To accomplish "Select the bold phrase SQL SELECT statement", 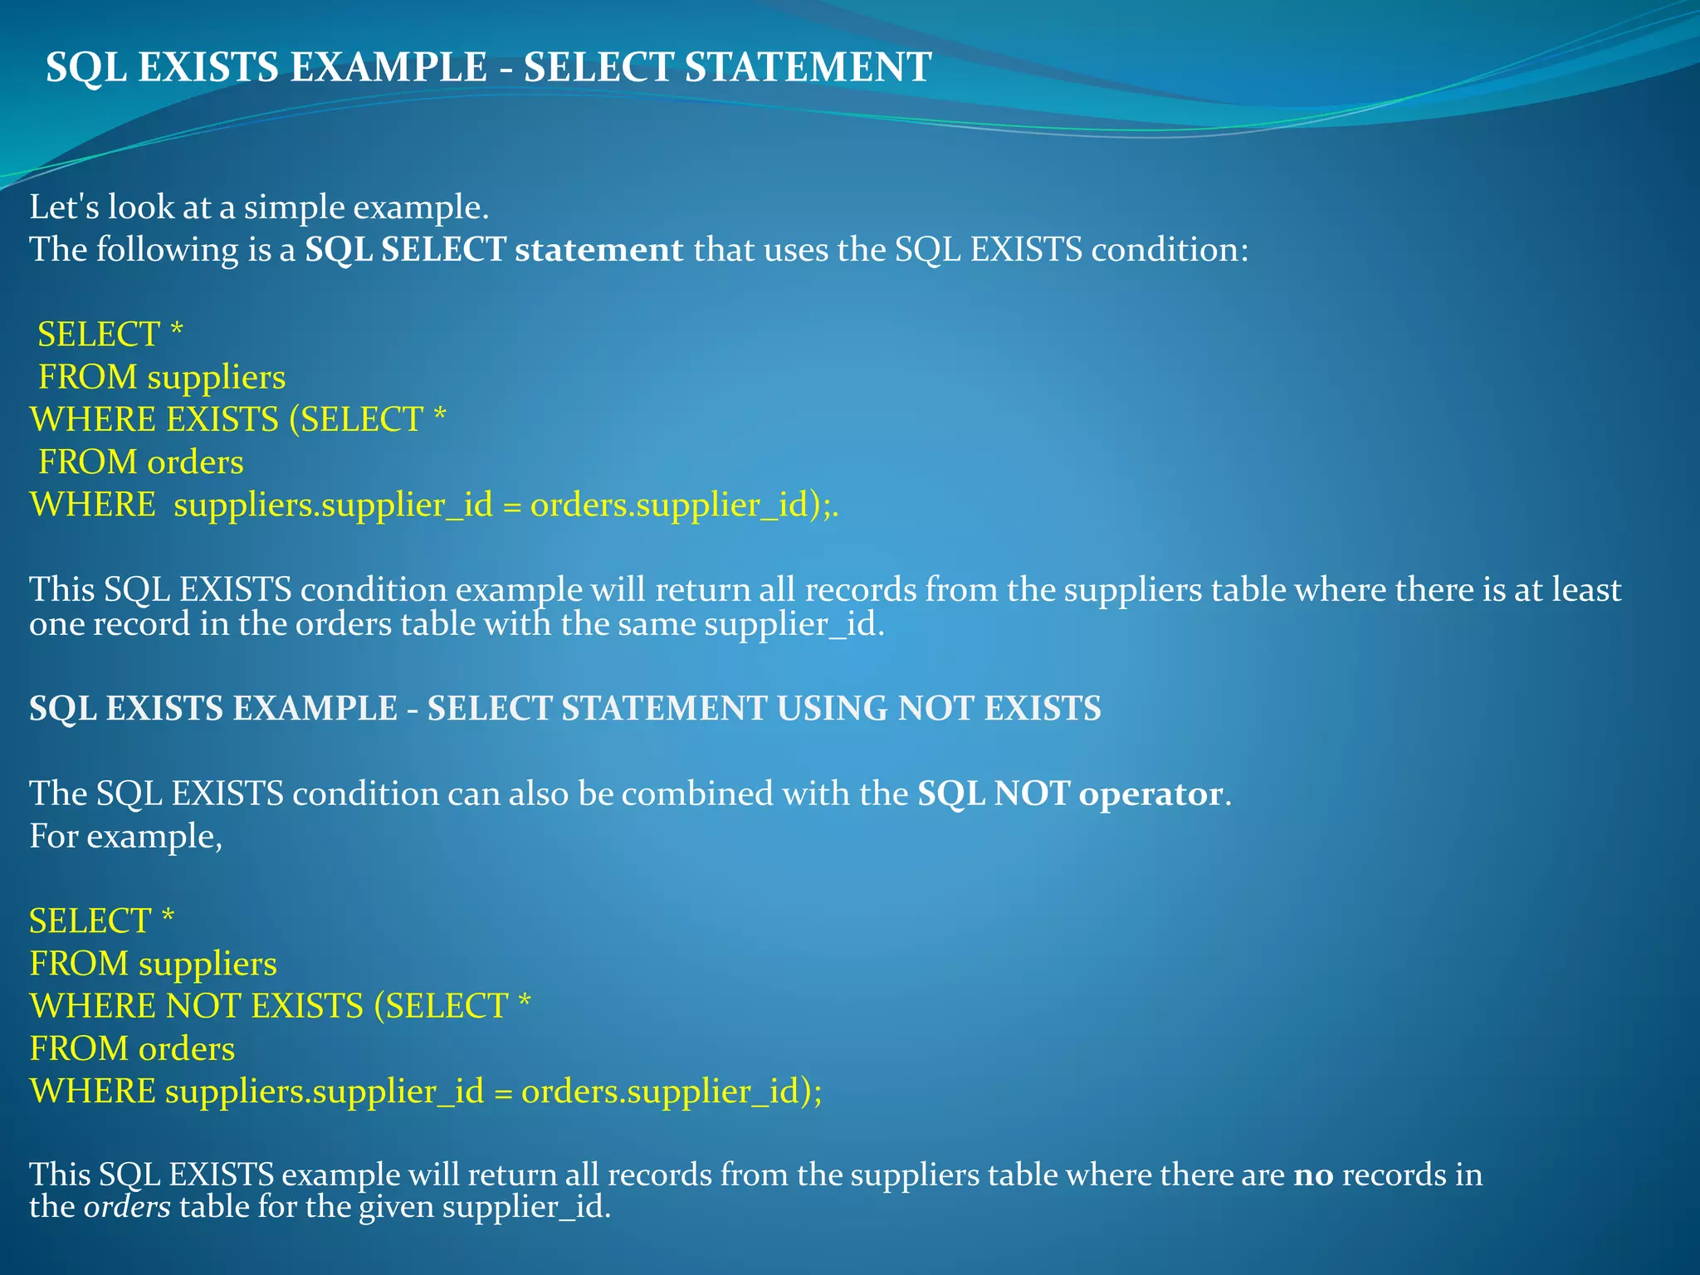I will (x=494, y=250).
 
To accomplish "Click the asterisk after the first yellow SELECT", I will (x=176, y=332).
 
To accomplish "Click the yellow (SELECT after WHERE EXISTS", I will (x=357, y=420).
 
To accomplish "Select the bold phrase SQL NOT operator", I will (x=1070, y=794).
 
